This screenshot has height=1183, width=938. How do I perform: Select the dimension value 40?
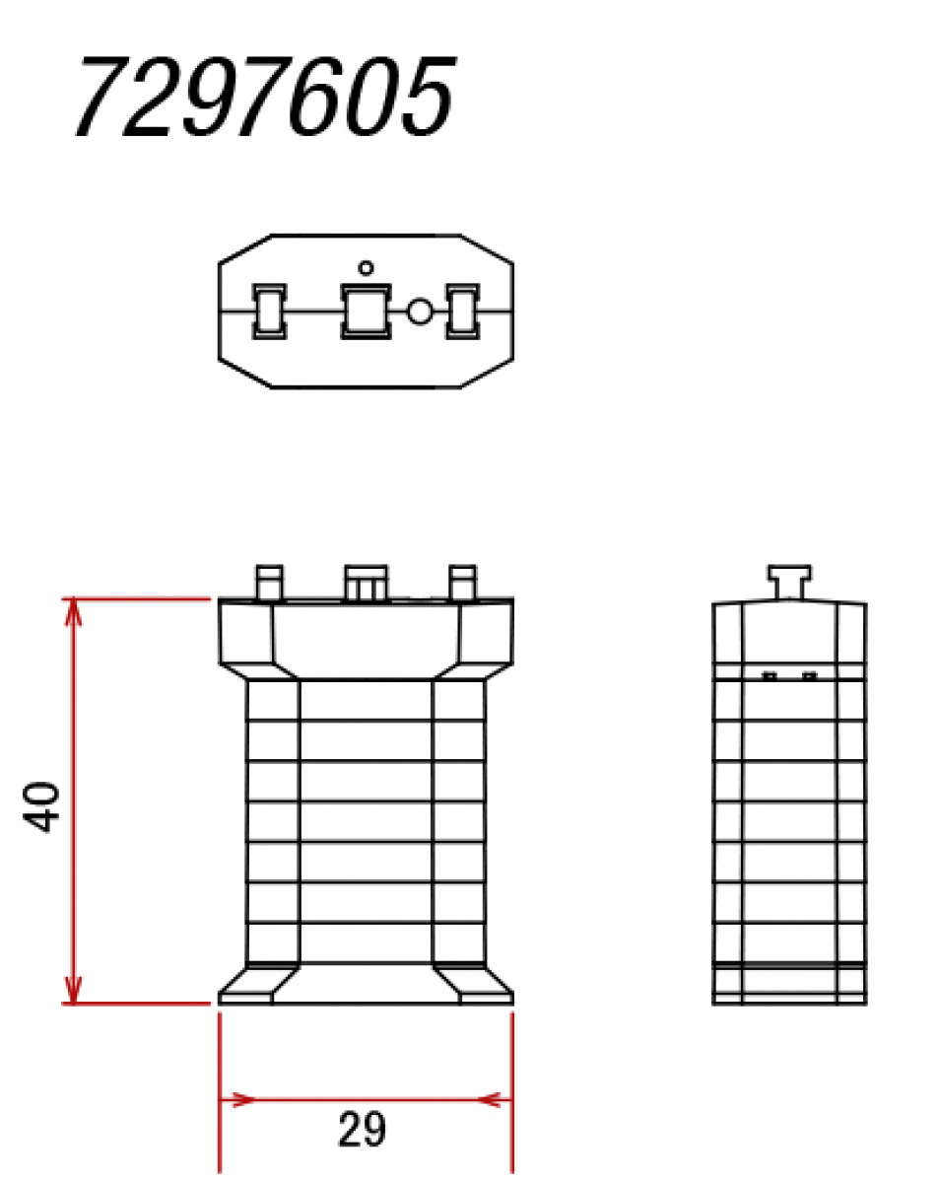(44, 806)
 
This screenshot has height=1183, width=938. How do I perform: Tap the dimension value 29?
(362, 1130)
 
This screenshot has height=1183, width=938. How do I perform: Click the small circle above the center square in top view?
(366, 267)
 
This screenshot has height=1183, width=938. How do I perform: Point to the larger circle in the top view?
(420, 312)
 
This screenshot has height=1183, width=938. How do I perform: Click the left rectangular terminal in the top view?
(269, 311)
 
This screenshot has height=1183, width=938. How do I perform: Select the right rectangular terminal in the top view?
(462, 311)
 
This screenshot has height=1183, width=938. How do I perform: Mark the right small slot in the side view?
(809, 676)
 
